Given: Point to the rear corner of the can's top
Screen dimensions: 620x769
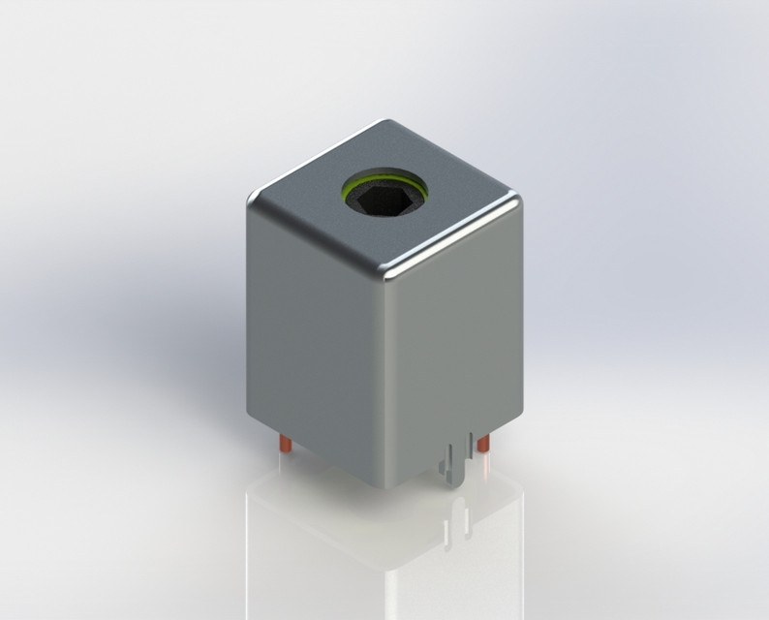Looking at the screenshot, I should coord(388,124).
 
